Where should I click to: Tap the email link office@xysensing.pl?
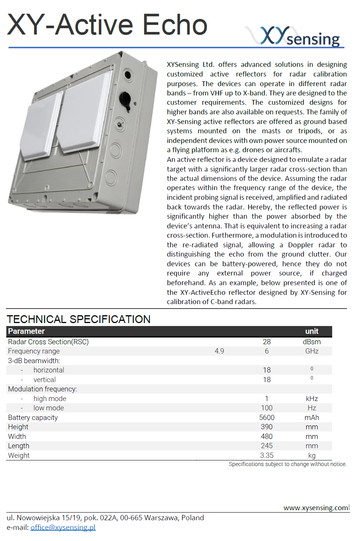pos(63,527)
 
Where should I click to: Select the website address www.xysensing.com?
pos(315,508)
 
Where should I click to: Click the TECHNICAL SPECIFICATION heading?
pos(79,319)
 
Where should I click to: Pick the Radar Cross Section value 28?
pos(267,342)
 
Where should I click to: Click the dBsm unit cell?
pos(312,342)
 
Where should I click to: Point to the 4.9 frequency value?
pos(219,351)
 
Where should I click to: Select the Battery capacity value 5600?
pos(267,417)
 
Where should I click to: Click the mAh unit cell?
pos(312,417)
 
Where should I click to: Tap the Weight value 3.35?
pos(267,455)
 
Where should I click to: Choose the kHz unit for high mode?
pos(312,398)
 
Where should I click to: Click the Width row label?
pos(17,436)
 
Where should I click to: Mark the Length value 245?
pos(267,446)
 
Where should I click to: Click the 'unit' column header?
pos(312,331)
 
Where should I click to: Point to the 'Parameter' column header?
pos(26,331)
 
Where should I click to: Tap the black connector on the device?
pos(125,100)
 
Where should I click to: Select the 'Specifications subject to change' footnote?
pos(288,464)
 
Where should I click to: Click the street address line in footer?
pos(105,518)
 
